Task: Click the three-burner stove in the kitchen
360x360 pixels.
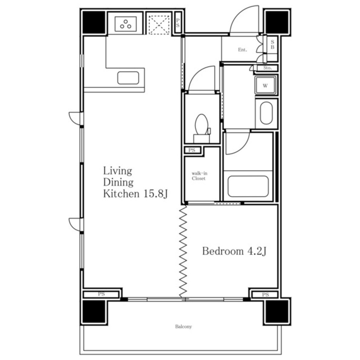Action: coord(126,24)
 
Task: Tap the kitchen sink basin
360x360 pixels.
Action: coord(128,78)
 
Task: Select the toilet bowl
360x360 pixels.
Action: coord(202,125)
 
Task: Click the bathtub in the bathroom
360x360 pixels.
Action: coord(248,186)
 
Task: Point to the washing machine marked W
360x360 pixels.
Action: coord(266,86)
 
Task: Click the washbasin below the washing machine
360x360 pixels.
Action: coord(266,113)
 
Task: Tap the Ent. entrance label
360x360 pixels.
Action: coord(243,50)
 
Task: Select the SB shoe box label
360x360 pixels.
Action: coord(272,45)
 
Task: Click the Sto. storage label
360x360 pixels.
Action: coord(268,68)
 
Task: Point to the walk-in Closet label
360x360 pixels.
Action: coord(199,176)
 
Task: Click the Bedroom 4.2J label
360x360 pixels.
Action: coord(234,251)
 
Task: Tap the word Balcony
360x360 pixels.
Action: coord(183,326)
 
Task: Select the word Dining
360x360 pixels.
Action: coord(118,183)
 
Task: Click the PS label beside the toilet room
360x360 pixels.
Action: coord(192,150)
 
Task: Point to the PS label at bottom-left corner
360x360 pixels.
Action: coord(101,294)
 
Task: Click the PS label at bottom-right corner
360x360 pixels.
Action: coord(266,294)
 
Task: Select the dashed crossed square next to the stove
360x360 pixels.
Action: coord(159,25)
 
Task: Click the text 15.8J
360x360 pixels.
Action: coord(156,194)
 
